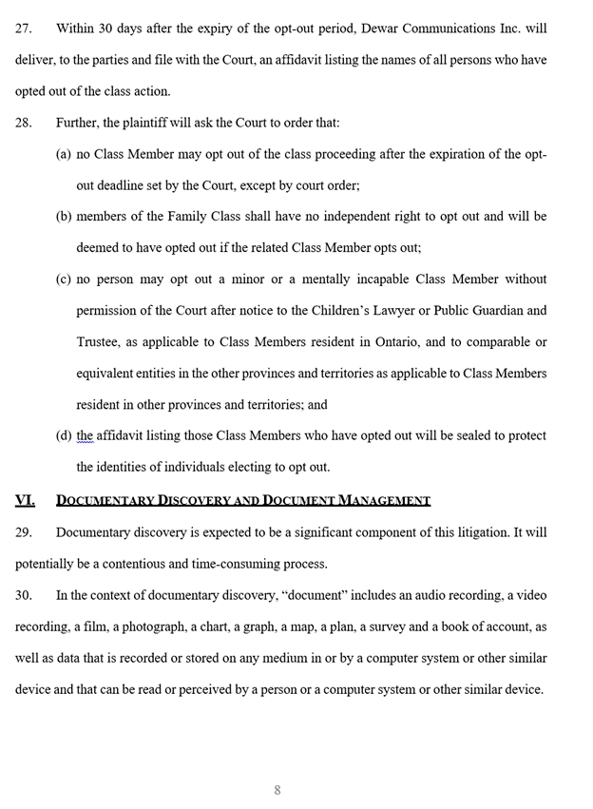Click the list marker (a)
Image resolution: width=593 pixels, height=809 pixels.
pyautogui.click(x=64, y=154)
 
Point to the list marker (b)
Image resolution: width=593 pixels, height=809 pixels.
pyautogui.click(x=64, y=217)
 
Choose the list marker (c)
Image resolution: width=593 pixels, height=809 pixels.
pyautogui.click(x=64, y=279)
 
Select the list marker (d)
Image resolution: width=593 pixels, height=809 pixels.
pyautogui.click(x=64, y=436)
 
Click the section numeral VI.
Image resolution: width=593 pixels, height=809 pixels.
pyautogui.click(x=25, y=500)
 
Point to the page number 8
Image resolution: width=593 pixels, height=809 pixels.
pyautogui.click(x=277, y=790)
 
